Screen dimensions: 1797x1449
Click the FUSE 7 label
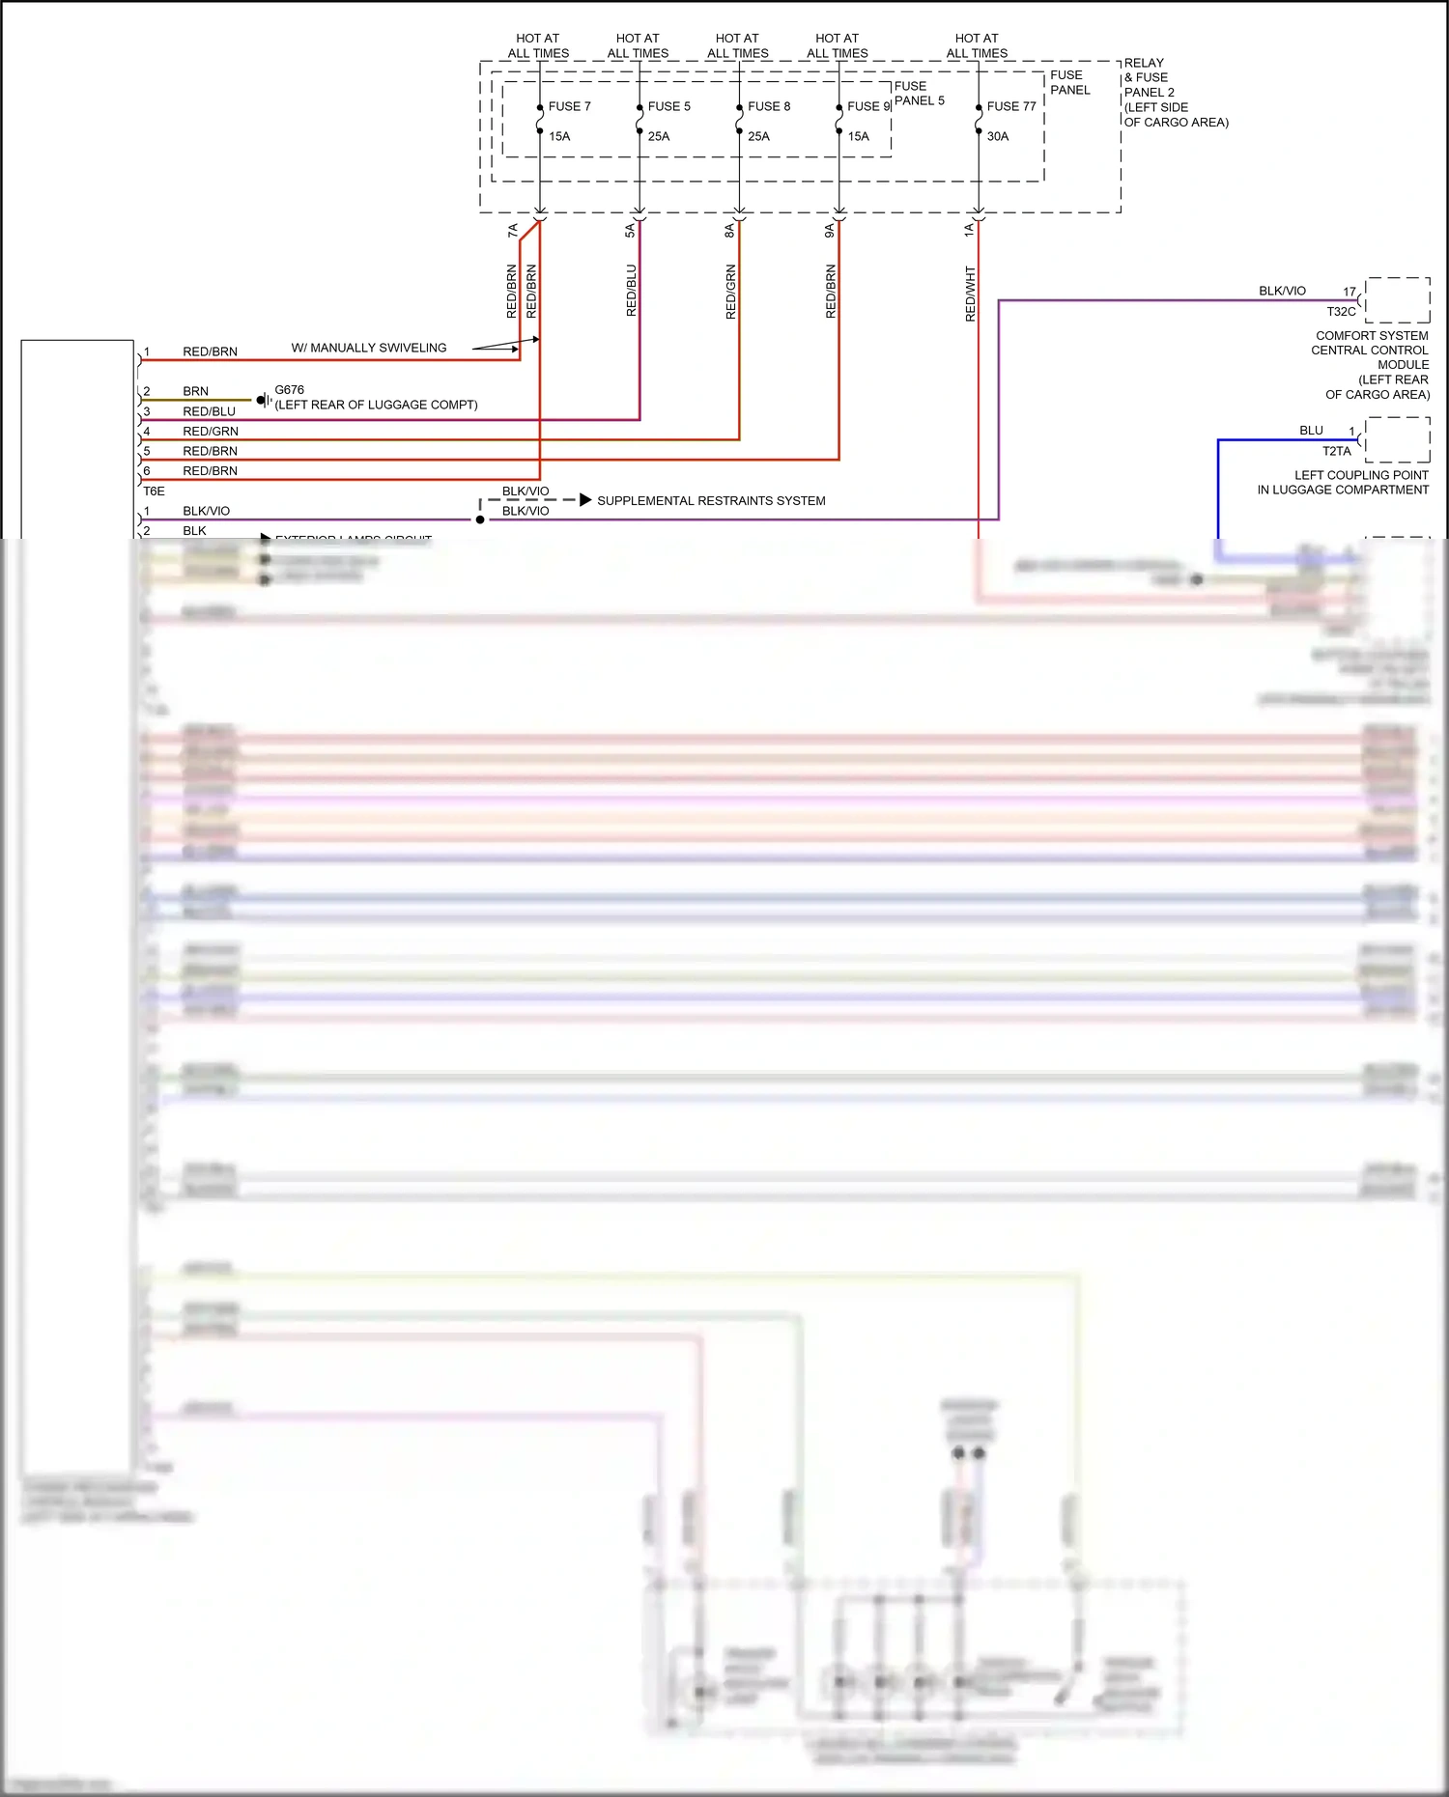pyautogui.click(x=569, y=106)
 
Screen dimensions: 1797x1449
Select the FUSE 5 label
pyautogui.click(x=668, y=106)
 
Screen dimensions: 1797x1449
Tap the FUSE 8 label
pyautogui.click(x=768, y=106)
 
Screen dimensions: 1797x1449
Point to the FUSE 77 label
pyautogui.click(x=1010, y=106)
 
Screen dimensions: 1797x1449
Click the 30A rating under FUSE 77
pyautogui.click(x=998, y=136)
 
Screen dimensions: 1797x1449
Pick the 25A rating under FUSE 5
pyautogui.click(x=659, y=136)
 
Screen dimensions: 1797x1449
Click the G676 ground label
pyautogui.click(x=289, y=390)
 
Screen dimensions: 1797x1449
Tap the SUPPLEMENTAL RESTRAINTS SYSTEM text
pyautogui.click(x=711, y=500)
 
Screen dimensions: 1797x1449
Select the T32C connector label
pyautogui.click(x=1341, y=312)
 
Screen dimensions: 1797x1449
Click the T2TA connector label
pyautogui.click(x=1336, y=451)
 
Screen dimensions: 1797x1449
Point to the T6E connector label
pyautogui.click(x=154, y=491)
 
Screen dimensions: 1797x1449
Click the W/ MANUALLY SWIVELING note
pyautogui.click(x=369, y=348)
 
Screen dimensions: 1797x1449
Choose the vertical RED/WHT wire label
pyautogui.click(x=970, y=294)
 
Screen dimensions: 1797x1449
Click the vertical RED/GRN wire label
pyautogui.click(x=730, y=292)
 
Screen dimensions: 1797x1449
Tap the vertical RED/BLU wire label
pyautogui.click(x=631, y=291)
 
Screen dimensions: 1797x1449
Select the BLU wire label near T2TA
pyautogui.click(x=1311, y=431)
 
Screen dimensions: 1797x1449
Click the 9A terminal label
pyautogui.click(x=829, y=230)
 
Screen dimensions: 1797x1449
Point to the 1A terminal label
pyautogui.click(x=968, y=230)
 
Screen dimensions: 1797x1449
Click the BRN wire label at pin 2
pyautogui.click(x=195, y=391)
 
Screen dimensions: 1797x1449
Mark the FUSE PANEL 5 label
pyautogui.click(x=919, y=93)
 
